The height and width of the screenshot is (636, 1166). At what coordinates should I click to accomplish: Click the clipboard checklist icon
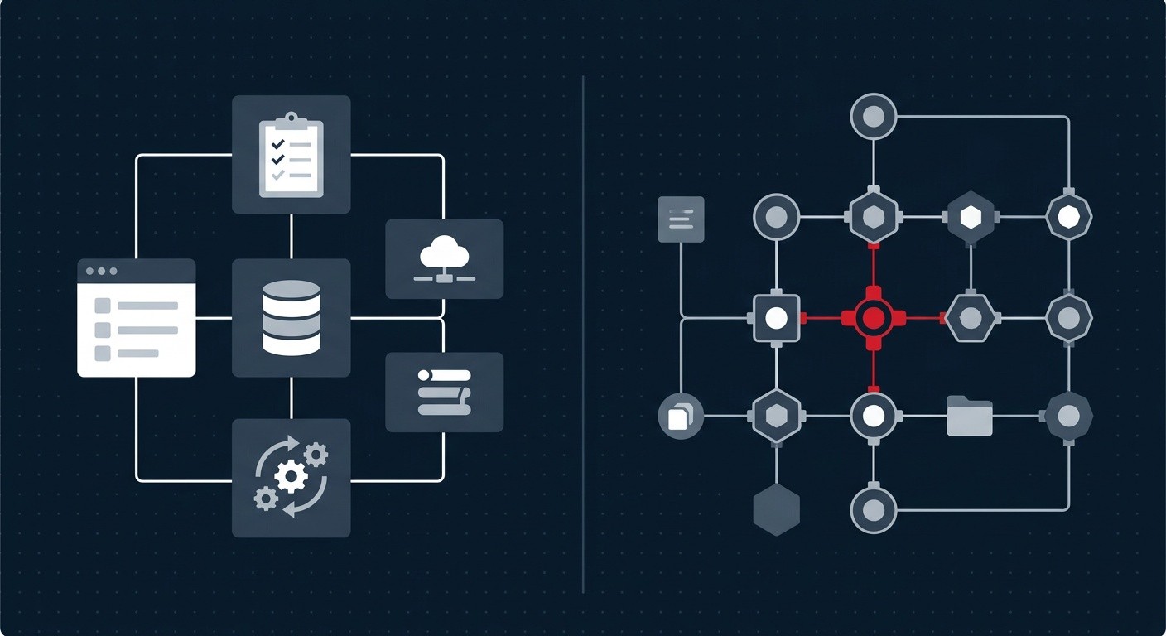291,154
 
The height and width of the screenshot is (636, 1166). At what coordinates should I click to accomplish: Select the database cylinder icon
291,317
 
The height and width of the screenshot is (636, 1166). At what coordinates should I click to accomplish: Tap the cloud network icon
444,258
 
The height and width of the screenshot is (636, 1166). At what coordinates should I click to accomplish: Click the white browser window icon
137,318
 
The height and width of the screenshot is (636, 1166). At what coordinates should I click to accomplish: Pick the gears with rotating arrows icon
291,478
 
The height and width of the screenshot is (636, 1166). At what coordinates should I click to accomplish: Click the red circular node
873,317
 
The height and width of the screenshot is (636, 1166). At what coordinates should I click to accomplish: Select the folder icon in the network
969,416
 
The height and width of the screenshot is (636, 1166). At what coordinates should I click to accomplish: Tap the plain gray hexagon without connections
776,509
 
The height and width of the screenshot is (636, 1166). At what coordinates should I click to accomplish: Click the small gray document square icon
681,219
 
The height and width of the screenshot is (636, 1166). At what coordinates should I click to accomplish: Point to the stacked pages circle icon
680,416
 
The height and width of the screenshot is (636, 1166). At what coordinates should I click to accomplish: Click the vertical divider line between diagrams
583,331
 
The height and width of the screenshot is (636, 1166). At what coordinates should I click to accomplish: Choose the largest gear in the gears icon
291,478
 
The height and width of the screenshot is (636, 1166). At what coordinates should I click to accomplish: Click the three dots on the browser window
101,272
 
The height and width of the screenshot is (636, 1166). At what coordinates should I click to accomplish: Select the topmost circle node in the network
873,116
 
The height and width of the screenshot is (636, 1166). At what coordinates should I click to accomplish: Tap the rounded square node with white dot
776,317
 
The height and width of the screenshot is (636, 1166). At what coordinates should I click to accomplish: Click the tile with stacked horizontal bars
444,392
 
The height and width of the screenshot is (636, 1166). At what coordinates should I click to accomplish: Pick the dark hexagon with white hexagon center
970,217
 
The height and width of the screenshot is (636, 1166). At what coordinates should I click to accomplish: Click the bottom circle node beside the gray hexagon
873,510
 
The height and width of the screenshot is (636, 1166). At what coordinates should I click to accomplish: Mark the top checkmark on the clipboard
278,143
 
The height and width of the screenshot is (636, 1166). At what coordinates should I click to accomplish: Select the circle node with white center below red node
873,416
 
